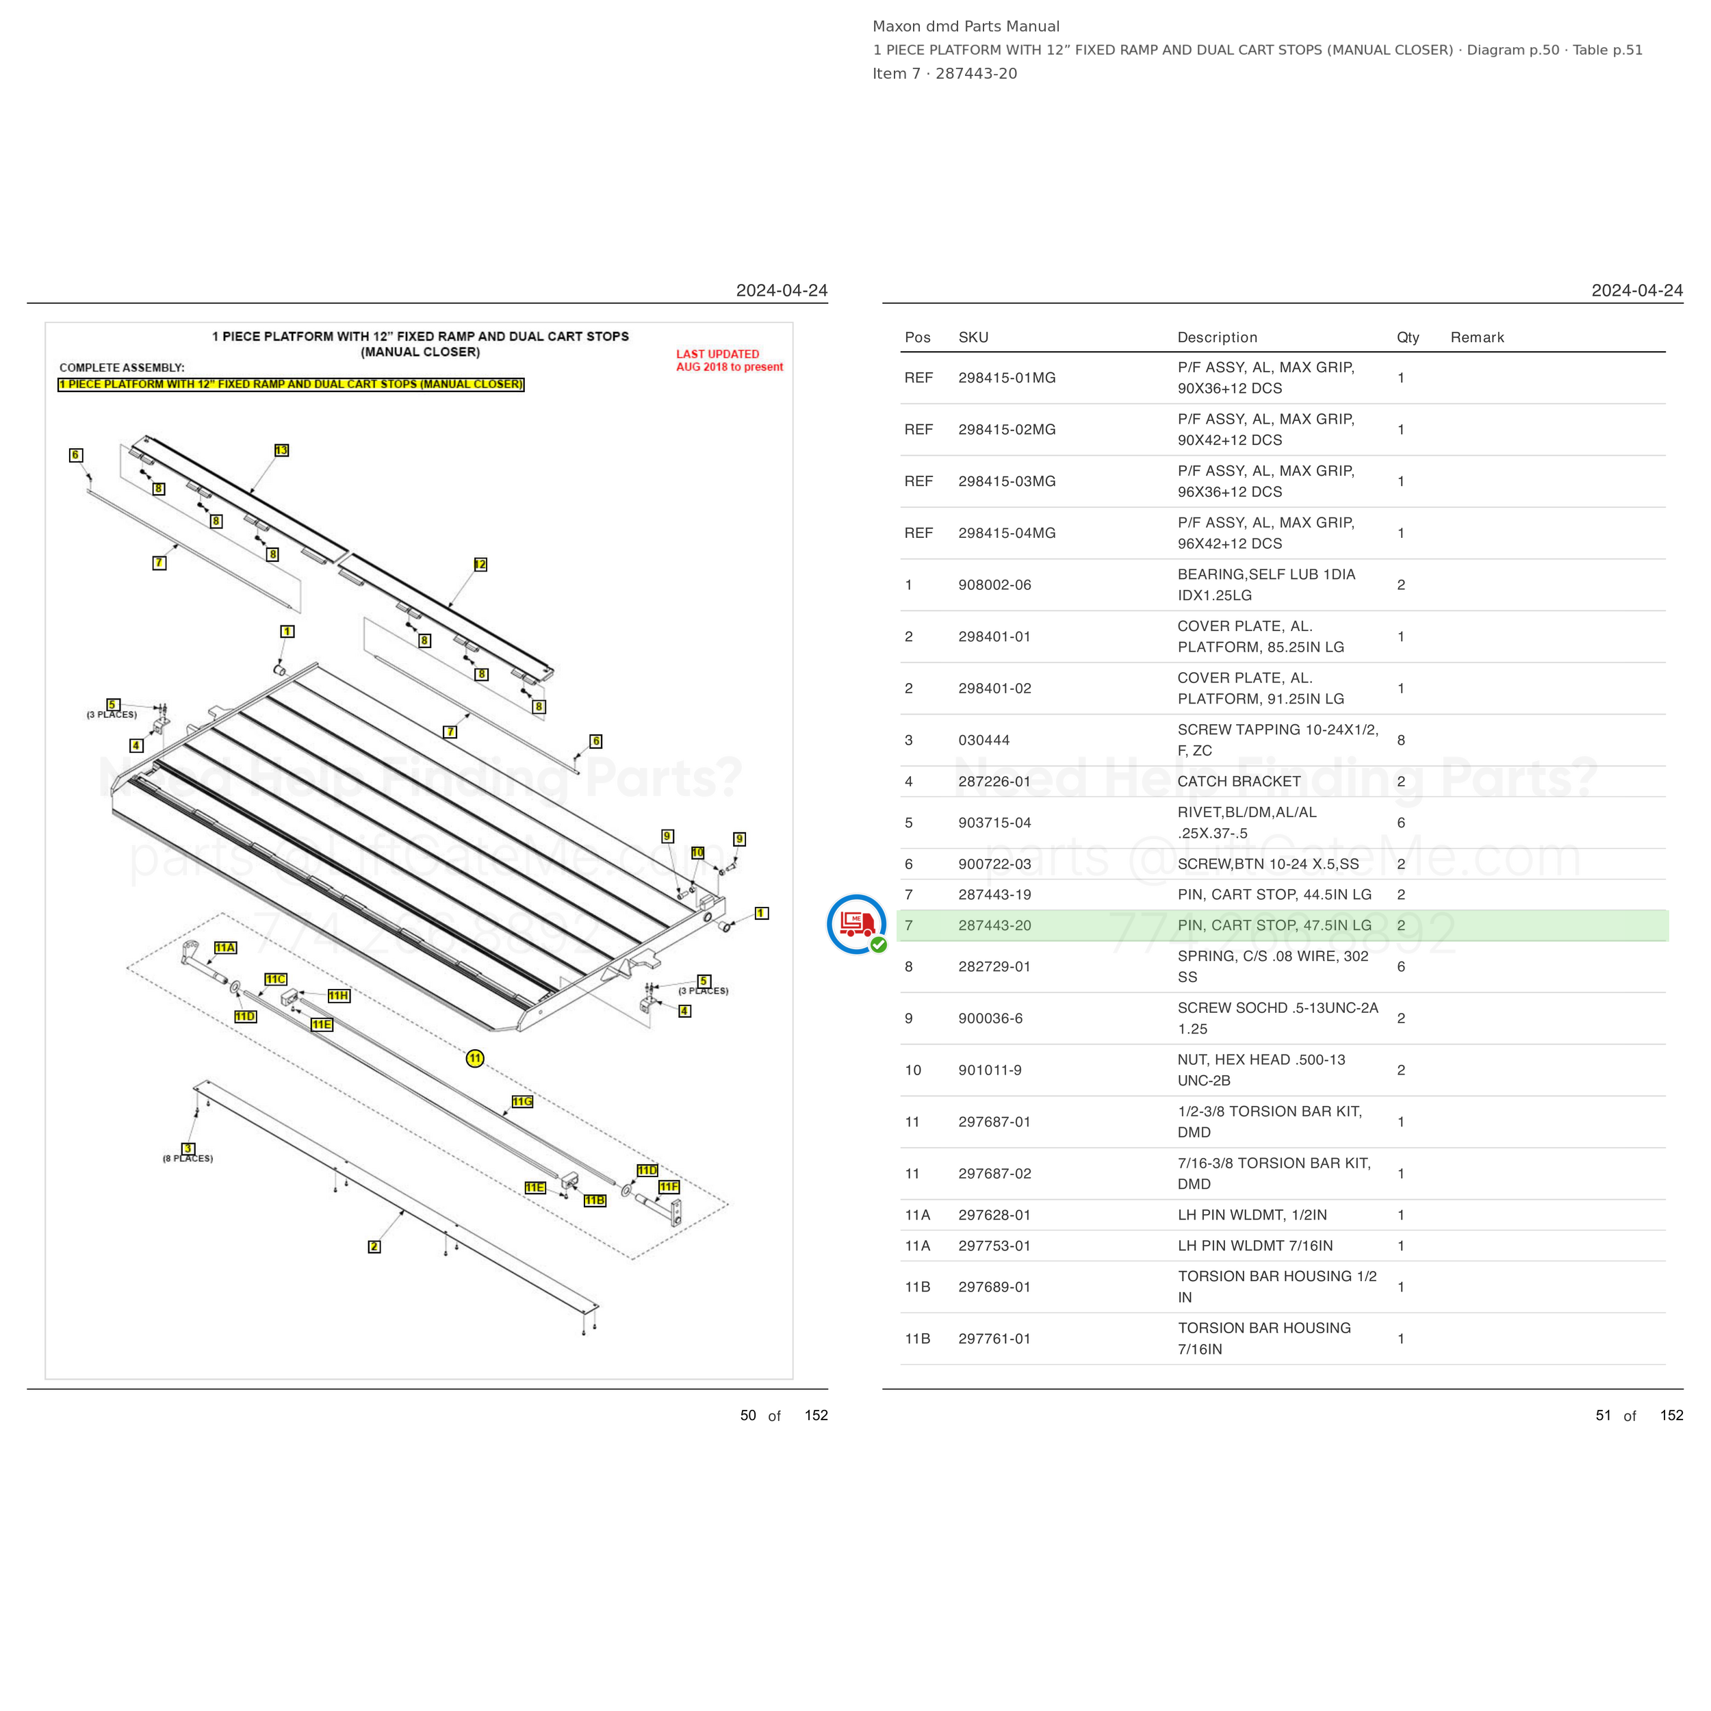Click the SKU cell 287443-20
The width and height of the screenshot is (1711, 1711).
tap(994, 925)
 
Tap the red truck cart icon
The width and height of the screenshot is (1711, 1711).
tap(856, 924)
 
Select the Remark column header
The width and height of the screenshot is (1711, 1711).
tap(1477, 337)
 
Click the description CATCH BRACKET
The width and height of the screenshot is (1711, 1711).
tap(1239, 781)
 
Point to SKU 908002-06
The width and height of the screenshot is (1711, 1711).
tap(994, 584)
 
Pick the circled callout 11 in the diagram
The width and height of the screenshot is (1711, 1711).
tap(476, 1058)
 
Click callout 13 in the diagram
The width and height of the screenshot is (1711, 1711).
tap(281, 450)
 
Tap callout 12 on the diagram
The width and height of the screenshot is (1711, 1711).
tap(480, 564)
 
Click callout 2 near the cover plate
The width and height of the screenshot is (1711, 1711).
tap(374, 1247)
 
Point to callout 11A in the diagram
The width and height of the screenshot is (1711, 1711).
tap(225, 948)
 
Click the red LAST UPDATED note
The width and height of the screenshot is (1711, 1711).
tap(730, 361)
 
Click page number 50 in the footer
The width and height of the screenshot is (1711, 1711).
tap(748, 1415)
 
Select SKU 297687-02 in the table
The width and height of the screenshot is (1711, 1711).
tap(994, 1174)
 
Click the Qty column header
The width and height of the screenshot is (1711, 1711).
tap(1408, 337)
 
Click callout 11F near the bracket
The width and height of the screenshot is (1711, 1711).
tap(669, 1187)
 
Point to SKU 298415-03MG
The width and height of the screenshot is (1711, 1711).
tap(1007, 481)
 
